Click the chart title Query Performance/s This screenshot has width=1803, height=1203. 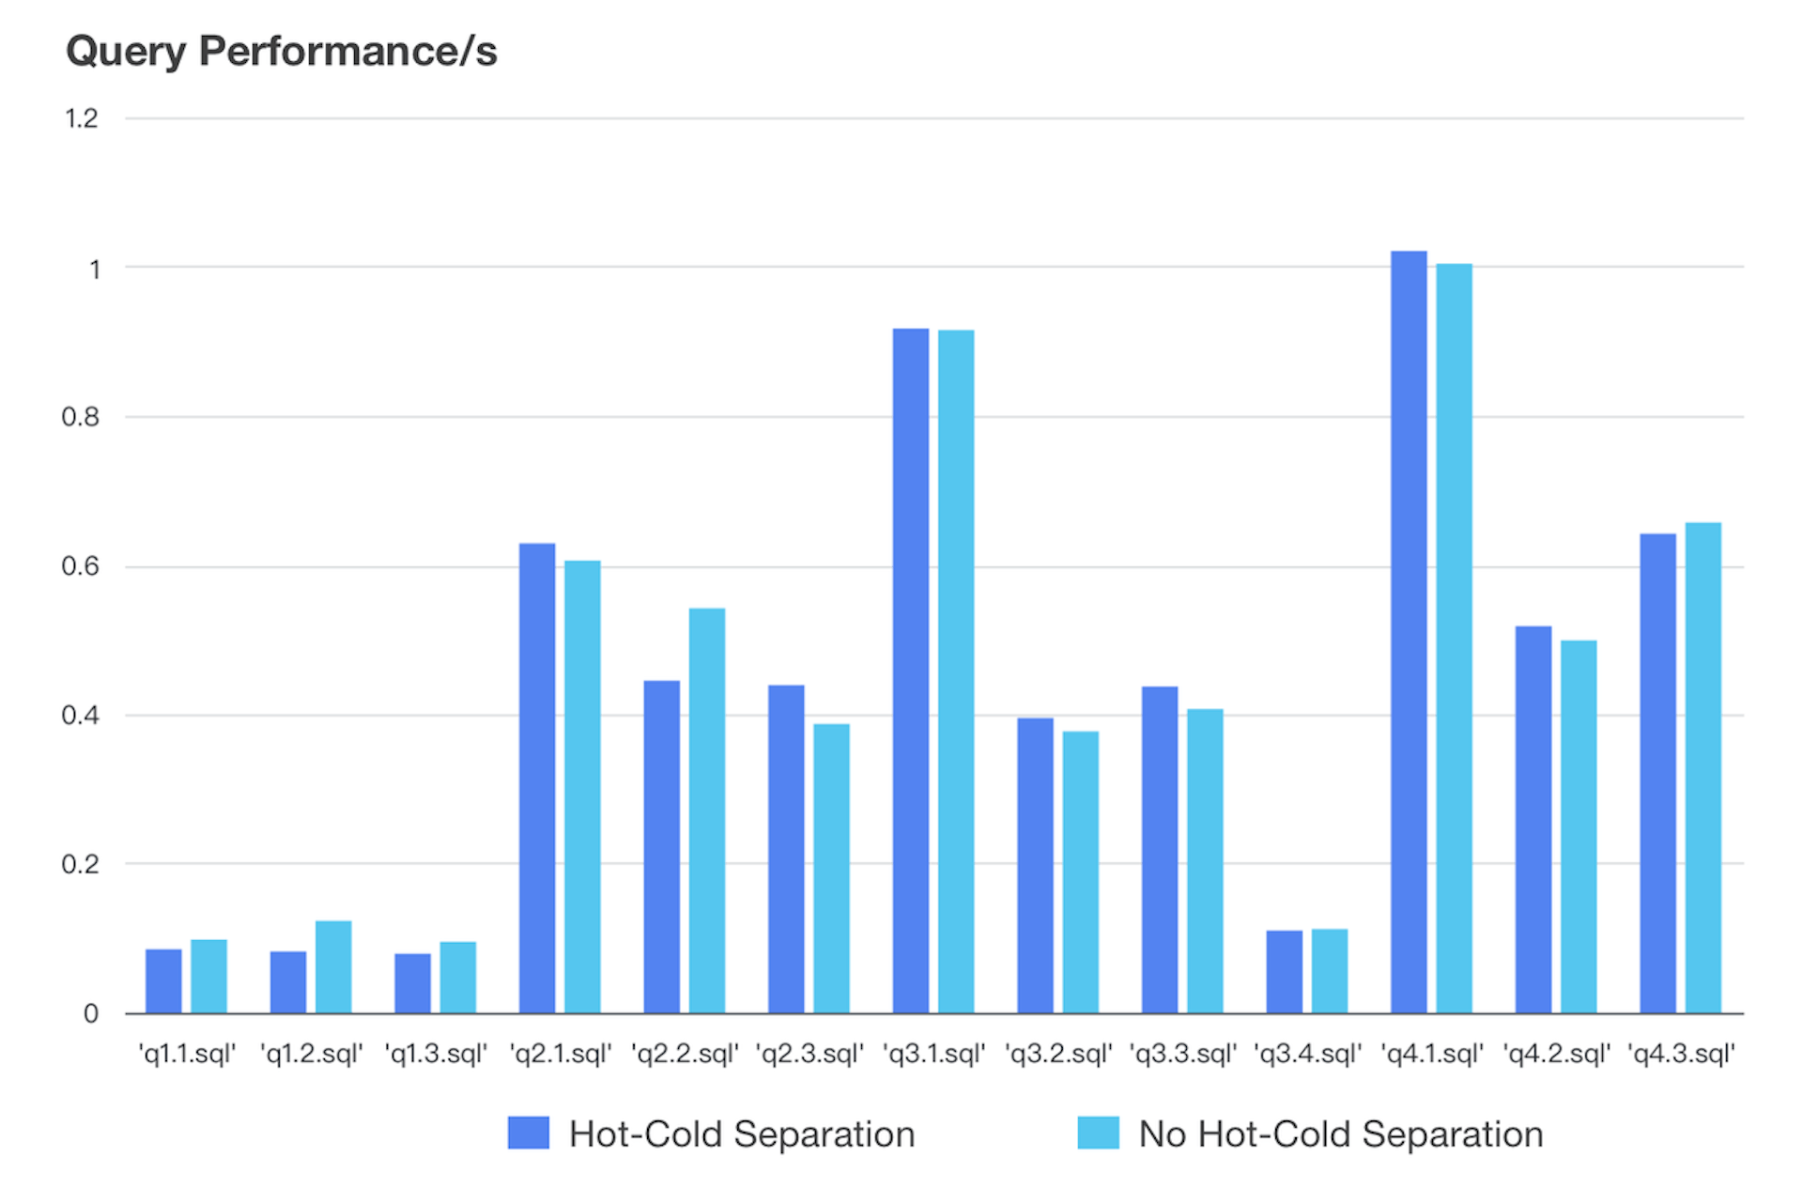coord(281,51)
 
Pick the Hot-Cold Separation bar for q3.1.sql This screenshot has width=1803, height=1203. coord(910,671)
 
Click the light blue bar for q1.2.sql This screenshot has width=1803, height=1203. coord(333,966)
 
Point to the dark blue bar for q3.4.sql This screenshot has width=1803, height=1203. coord(1284,971)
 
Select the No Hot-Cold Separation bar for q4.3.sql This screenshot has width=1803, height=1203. coord(1703,767)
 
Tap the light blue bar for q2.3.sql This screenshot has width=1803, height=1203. coord(831,868)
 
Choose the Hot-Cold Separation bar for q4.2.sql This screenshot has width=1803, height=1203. coord(1533,819)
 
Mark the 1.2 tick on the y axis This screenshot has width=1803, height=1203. coord(81,118)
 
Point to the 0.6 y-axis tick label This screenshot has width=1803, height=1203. coord(80,566)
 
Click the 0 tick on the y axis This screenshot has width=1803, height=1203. coord(90,1013)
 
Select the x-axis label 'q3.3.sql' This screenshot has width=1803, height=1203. coord(1182,1054)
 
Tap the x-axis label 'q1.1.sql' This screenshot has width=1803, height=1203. coord(186,1054)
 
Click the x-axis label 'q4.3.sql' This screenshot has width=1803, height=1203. coord(1681,1054)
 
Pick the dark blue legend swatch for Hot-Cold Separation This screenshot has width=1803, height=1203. coord(528,1133)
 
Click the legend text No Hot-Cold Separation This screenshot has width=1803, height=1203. coord(1340,1134)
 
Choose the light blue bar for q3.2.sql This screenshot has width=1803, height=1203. coord(1080,871)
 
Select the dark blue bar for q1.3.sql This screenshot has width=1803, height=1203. coord(412,983)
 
